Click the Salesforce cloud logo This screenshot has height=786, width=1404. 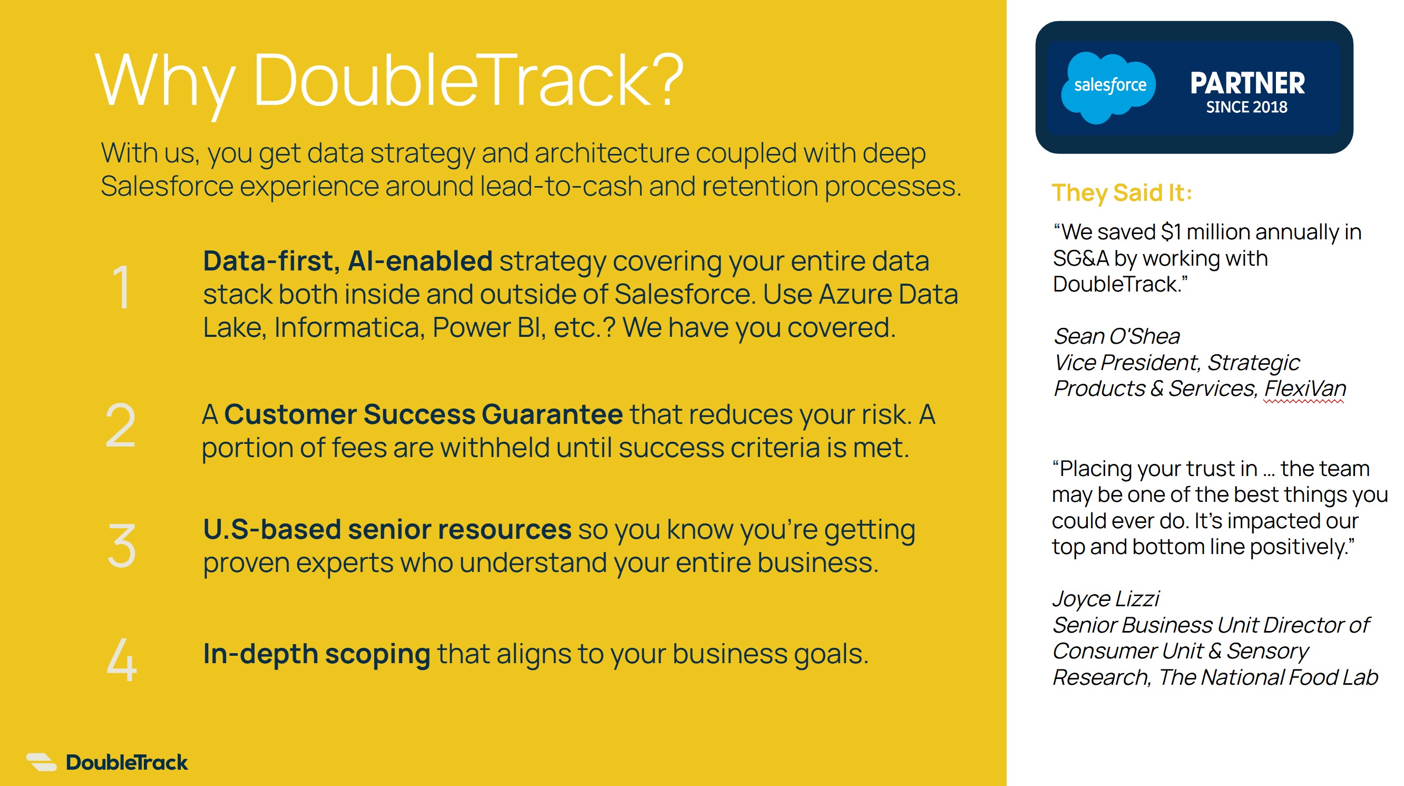[x=1108, y=87]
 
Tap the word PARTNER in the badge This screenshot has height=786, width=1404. [x=1247, y=83]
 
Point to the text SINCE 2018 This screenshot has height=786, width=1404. [x=1246, y=107]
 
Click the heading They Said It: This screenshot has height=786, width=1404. [x=1122, y=192]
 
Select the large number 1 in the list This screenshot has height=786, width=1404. [x=121, y=287]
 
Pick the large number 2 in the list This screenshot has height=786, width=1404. [x=120, y=425]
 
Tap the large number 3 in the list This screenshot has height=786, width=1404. [x=121, y=546]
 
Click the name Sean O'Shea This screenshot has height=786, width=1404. [x=1116, y=336]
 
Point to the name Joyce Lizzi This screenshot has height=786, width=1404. [x=1105, y=599]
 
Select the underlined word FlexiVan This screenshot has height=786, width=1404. [x=1305, y=389]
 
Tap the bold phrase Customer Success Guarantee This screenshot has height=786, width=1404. [x=423, y=414]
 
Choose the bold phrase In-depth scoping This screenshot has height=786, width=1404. [x=317, y=654]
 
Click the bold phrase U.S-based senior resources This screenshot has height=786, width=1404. [x=387, y=529]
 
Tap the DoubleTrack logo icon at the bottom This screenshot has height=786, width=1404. [x=42, y=762]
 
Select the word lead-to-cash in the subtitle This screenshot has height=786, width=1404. [x=561, y=187]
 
